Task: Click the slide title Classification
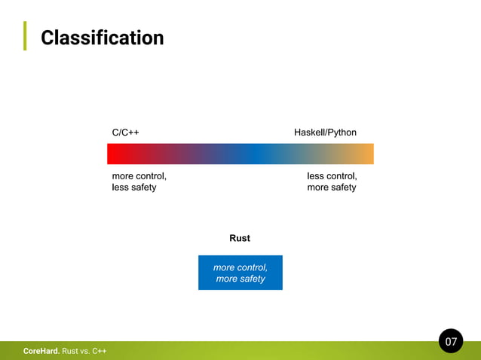tap(102, 38)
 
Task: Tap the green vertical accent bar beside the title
tap(25, 35)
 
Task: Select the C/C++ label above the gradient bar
tap(125, 133)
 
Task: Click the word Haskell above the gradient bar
tap(309, 133)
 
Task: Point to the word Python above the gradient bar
tap(342, 133)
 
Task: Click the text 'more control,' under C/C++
tap(139, 175)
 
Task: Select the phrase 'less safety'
tap(134, 187)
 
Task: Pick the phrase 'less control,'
tap(332, 175)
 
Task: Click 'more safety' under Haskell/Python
tap(332, 187)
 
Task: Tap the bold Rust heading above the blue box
tap(240, 238)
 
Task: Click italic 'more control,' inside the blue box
tap(240, 267)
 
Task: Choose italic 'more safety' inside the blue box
tap(240, 279)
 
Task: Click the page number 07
tap(451, 342)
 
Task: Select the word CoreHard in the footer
tap(41, 351)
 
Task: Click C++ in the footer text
tap(100, 351)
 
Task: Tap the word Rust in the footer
tap(70, 351)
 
